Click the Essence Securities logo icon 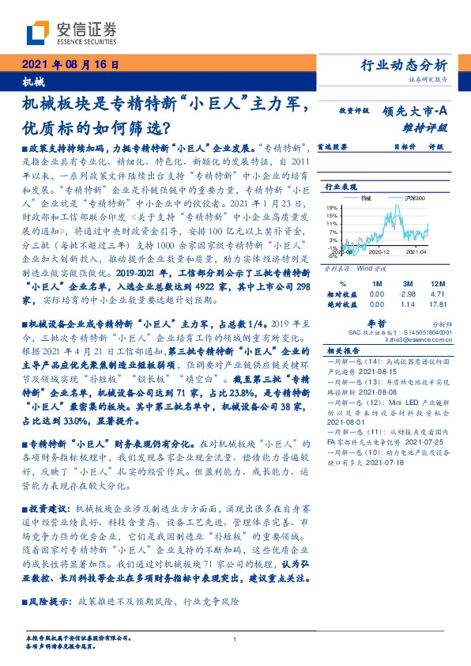coord(38,32)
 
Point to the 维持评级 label coord(427,127)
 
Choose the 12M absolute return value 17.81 coord(439,303)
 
